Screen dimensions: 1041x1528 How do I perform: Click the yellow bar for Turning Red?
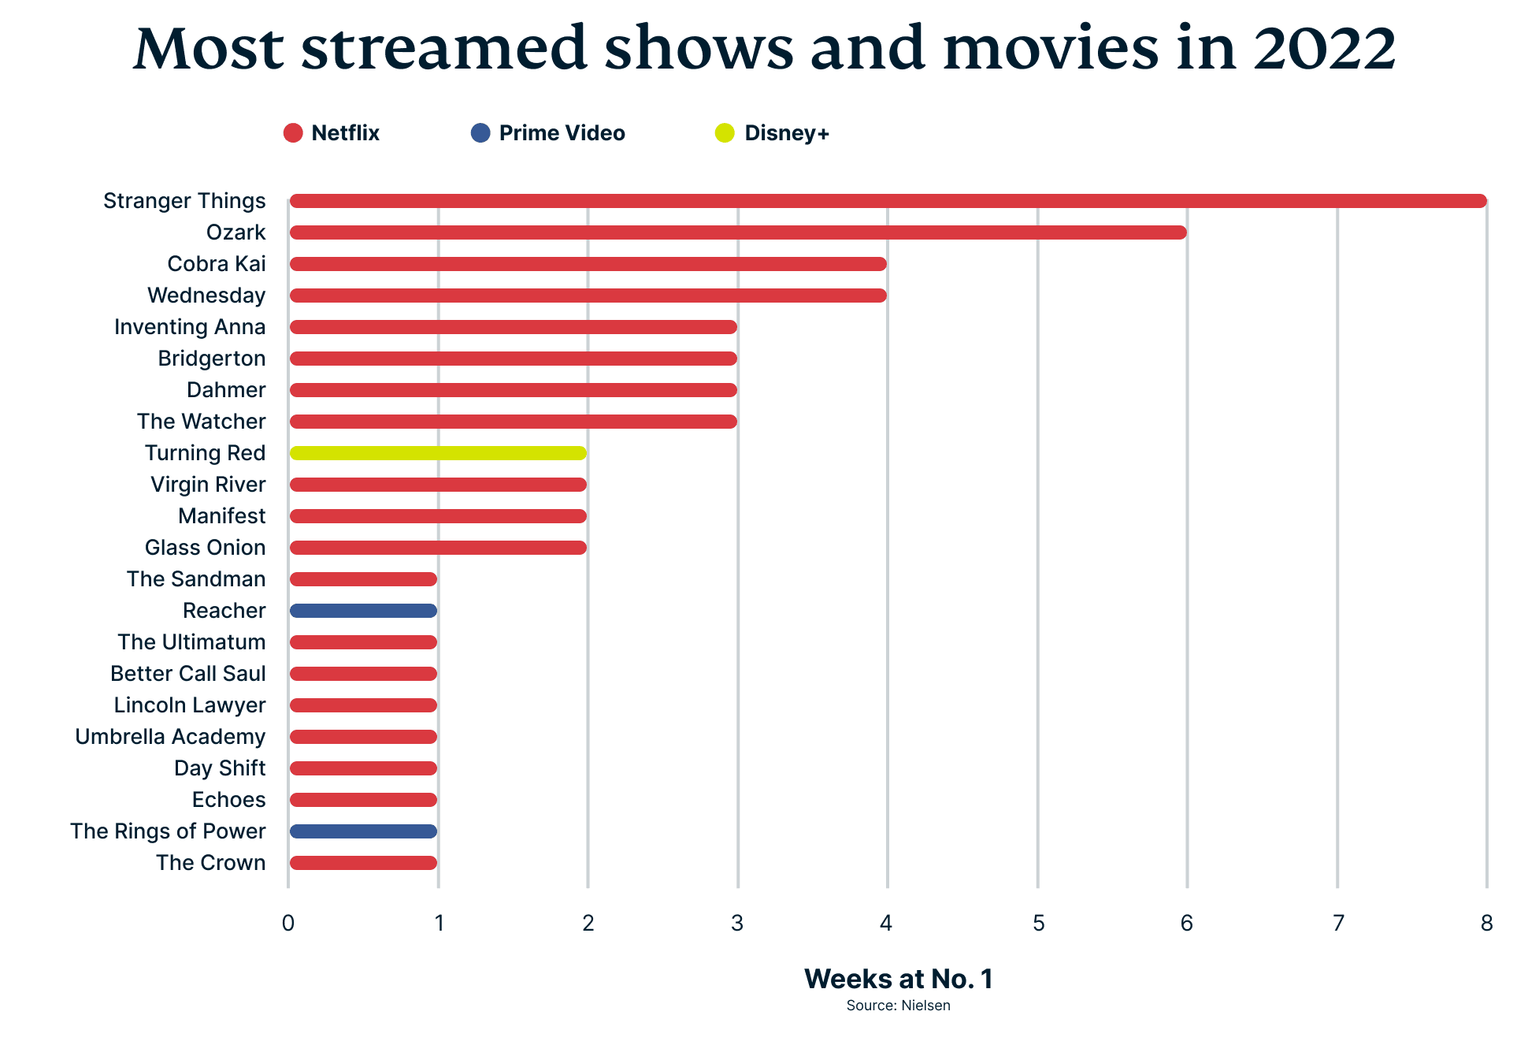(438, 453)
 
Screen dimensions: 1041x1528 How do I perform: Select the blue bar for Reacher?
(363, 611)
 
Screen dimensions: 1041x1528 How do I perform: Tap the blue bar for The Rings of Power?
(363, 831)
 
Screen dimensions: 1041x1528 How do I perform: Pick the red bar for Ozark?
(737, 232)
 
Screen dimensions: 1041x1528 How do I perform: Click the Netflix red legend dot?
(293, 133)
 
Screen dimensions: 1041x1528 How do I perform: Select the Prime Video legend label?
(562, 133)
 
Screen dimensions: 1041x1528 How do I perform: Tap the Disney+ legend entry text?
(786, 133)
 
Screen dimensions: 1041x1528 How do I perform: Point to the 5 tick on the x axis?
(1038, 924)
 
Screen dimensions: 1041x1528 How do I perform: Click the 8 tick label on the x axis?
(1486, 924)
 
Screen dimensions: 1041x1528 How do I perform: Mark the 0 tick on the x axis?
(288, 924)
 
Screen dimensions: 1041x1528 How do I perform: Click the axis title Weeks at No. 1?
(898, 979)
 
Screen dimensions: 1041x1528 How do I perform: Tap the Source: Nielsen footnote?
(898, 1006)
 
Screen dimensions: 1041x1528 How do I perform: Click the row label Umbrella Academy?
(170, 737)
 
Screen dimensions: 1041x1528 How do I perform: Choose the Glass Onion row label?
(205, 548)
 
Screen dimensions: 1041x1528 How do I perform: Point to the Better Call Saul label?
(187, 674)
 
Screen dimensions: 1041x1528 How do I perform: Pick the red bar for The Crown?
(363, 863)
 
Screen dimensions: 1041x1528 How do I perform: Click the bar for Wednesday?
(588, 296)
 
